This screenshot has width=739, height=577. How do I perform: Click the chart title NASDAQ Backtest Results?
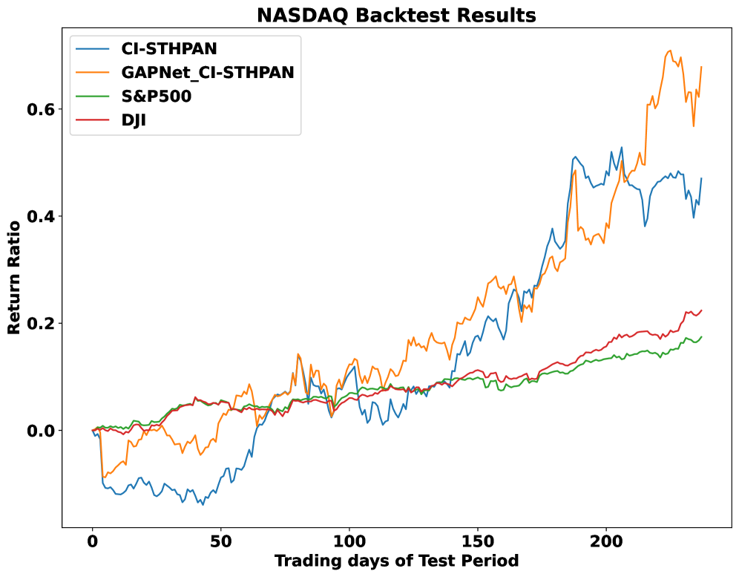(396, 15)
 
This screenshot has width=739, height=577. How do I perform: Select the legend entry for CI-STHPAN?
(169, 49)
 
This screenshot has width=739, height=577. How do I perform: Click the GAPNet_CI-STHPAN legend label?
(208, 72)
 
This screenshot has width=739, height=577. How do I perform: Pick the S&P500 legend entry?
(157, 96)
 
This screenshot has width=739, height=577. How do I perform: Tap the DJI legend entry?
(134, 120)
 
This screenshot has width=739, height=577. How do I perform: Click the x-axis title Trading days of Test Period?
(396, 561)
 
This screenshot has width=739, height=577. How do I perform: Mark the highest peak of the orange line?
(670, 50)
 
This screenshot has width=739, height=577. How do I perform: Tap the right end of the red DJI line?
(701, 310)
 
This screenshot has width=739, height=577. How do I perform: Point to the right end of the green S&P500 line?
(701, 337)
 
